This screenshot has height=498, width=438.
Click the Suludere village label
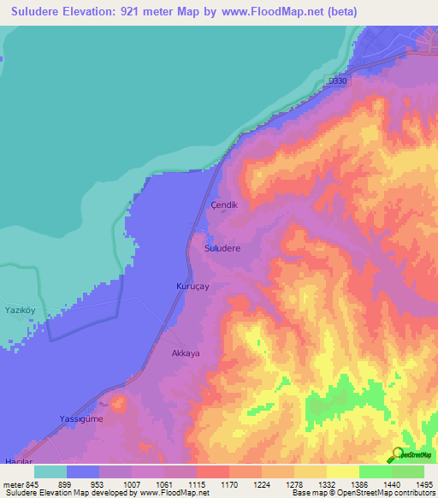222,247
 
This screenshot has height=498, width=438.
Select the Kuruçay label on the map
192,288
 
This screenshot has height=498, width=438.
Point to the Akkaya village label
186,353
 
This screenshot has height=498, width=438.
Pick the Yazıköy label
19,308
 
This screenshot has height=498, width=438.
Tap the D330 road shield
338,81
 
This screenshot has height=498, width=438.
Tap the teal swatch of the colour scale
50,471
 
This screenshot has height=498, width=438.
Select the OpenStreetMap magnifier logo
400,455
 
